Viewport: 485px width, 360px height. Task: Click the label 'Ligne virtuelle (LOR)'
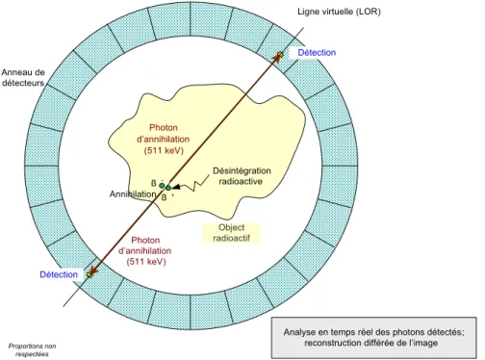pyautogui.click(x=339, y=12)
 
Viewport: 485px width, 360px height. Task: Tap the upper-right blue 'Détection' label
pyautogui.click(x=317, y=53)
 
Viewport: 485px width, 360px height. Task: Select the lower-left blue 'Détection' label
pyautogui.click(x=59, y=274)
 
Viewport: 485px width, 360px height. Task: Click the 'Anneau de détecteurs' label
pyautogui.click(x=23, y=78)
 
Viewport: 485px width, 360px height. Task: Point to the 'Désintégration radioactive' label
pyautogui.click(x=242, y=176)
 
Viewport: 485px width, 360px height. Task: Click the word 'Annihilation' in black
pyautogui.click(x=133, y=194)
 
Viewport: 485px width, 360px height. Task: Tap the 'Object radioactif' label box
pyautogui.click(x=231, y=233)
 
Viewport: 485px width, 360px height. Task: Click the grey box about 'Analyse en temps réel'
pyautogui.click(x=374, y=338)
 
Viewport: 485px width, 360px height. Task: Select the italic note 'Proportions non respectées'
pyautogui.click(x=32, y=350)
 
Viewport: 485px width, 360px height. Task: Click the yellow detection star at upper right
pyautogui.click(x=280, y=55)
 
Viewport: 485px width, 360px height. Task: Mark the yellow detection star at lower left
pyautogui.click(x=90, y=273)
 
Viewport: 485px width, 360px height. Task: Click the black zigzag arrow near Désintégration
pyautogui.click(x=191, y=185)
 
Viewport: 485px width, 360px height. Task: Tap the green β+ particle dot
pyautogui.click(x=168, y=188)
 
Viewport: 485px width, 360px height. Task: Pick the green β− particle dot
pyautogui.click(x=162, y=186)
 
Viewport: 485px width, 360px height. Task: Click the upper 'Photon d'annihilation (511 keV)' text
pyautogui.click(x=164, y=140)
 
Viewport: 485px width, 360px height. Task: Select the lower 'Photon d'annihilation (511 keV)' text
pyautogui.click(x=145, y=251)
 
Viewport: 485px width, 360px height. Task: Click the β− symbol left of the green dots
pyautogui.click(x=157, y=183)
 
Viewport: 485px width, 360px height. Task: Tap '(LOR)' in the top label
pyautogui.click(x=368, y=12)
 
